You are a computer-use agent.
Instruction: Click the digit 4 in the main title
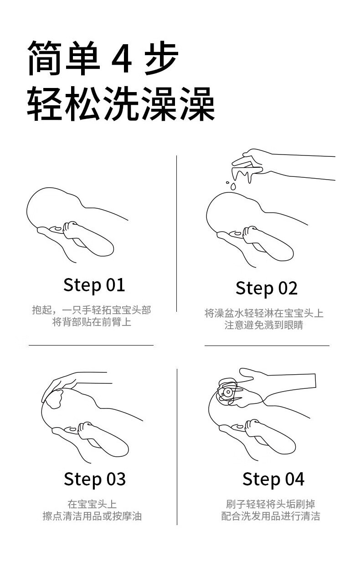[x=122, y=59]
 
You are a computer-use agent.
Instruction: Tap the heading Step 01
[x=94, y=285]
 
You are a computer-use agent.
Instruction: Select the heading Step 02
[x=267, y=289]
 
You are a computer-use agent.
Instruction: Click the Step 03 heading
[x=95, y=480]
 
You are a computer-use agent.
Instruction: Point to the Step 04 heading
[x=273, y=480]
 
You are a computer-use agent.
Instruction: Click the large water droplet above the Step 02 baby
[x=233, y=186]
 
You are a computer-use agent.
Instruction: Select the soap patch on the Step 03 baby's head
[x=55, y=399]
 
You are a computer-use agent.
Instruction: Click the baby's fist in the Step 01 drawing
[x=71, y=230]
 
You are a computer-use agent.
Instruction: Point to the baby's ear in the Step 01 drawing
[x=57, y=228]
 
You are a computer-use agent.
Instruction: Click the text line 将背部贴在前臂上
[x=92, y=322]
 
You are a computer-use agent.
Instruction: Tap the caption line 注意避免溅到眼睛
[x=264, y=325]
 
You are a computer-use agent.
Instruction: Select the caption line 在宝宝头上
[x=92, y=504]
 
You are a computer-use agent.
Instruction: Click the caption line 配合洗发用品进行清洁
[x=271, y=516]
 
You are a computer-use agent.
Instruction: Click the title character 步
[x=161, y=58]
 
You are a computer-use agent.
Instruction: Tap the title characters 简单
[x=63, y=58]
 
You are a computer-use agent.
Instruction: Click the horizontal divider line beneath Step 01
[x=91, y=345]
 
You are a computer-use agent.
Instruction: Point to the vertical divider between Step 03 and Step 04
[x=177, y=447]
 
